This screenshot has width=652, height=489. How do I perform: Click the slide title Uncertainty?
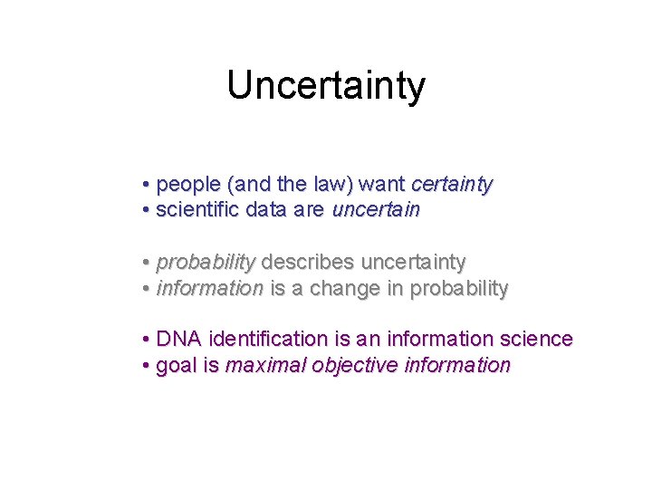(326, 86)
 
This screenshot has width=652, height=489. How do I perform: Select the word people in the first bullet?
(189, 185)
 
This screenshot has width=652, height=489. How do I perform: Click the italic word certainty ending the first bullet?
(451, 185)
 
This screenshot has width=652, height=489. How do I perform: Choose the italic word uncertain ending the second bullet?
(376, 210)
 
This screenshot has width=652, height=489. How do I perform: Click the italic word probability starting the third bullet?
(206, 263)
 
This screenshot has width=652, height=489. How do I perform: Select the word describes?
(308, 263)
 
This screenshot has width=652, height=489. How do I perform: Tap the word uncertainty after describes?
(414, 263)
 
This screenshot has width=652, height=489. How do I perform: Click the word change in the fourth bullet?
(355, 289)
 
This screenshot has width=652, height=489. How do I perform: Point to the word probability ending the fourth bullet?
(459, 289)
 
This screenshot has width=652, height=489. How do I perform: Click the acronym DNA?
(178, 340)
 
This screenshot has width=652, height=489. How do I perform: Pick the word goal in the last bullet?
(174, 366)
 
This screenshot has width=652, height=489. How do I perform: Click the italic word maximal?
(262, 366)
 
